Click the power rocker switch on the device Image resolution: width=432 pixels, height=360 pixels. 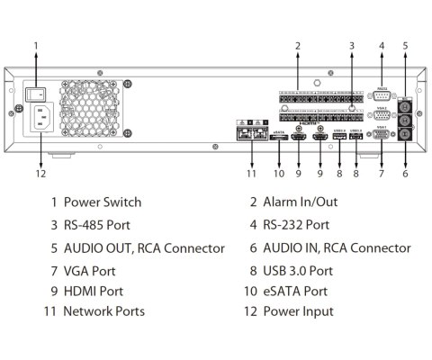click(38, 93)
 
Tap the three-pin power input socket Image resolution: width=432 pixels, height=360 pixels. click(40, 117)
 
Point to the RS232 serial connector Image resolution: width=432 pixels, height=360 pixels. click(382, 97)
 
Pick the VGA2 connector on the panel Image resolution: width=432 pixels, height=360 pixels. click(382, 115)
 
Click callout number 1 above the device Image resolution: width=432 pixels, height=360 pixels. click(36, 45)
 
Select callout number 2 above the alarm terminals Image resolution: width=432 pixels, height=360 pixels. click(297, 45)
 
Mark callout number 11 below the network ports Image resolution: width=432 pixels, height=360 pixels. click(252, 174)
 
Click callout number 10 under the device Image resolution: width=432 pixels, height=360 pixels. click(279, 174)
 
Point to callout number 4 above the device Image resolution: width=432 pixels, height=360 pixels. click(382, 45)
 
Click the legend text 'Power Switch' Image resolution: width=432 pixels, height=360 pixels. click(102, 202)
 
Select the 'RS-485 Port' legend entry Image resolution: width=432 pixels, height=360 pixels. click(99, 225)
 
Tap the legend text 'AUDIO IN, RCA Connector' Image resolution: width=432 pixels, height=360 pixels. click(337, 247)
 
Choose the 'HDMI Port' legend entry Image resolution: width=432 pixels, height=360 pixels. click(94, 291)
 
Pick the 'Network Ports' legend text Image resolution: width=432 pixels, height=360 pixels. click(103, 311)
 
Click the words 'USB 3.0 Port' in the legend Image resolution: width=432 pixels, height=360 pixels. click(298, 269)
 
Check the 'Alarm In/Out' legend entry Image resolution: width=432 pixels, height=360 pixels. click(298, 202)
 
